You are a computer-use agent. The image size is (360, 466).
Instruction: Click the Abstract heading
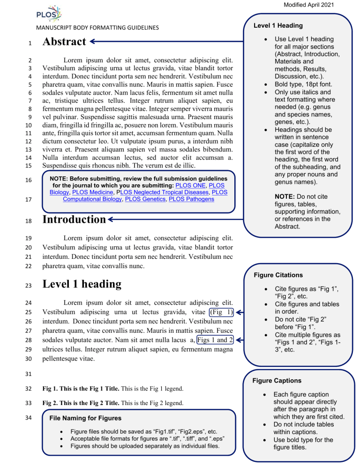[x=64, y=42]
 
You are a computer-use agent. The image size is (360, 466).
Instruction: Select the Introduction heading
[x=73, y=219]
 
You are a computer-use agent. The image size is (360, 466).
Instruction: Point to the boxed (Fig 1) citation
[x=220, y=312]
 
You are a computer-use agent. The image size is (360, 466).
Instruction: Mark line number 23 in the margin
[x=29, y=284]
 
